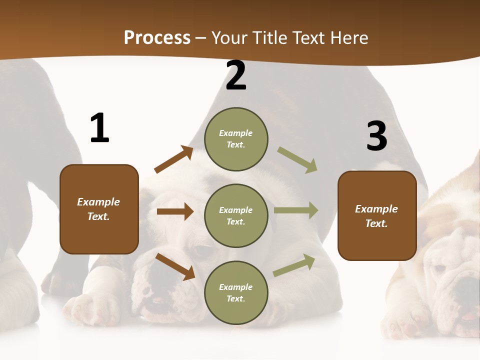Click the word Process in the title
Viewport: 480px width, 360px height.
click(157, 38)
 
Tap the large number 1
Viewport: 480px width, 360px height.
click(99, 128)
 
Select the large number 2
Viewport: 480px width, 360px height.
click(236, 76)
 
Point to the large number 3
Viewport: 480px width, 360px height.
click(376, 136)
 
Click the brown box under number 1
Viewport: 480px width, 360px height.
click(99, 209)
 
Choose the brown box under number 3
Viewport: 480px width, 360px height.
click(377, 216)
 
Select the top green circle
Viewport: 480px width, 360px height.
click(236, 139)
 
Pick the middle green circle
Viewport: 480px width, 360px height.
click(236, 216)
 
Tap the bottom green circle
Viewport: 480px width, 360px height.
click(236, 293)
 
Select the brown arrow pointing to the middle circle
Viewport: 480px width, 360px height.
click(175, 211)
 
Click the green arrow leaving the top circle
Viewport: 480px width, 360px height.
click(297, 160)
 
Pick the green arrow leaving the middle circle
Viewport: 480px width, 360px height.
click(296, 210)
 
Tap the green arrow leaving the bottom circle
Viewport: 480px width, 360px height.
click(294, 265)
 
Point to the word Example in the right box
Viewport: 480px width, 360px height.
click(376, 209)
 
